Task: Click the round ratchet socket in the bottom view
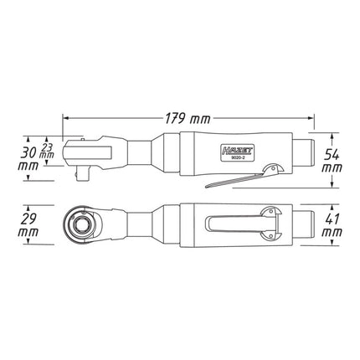click(x=82, y=225)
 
